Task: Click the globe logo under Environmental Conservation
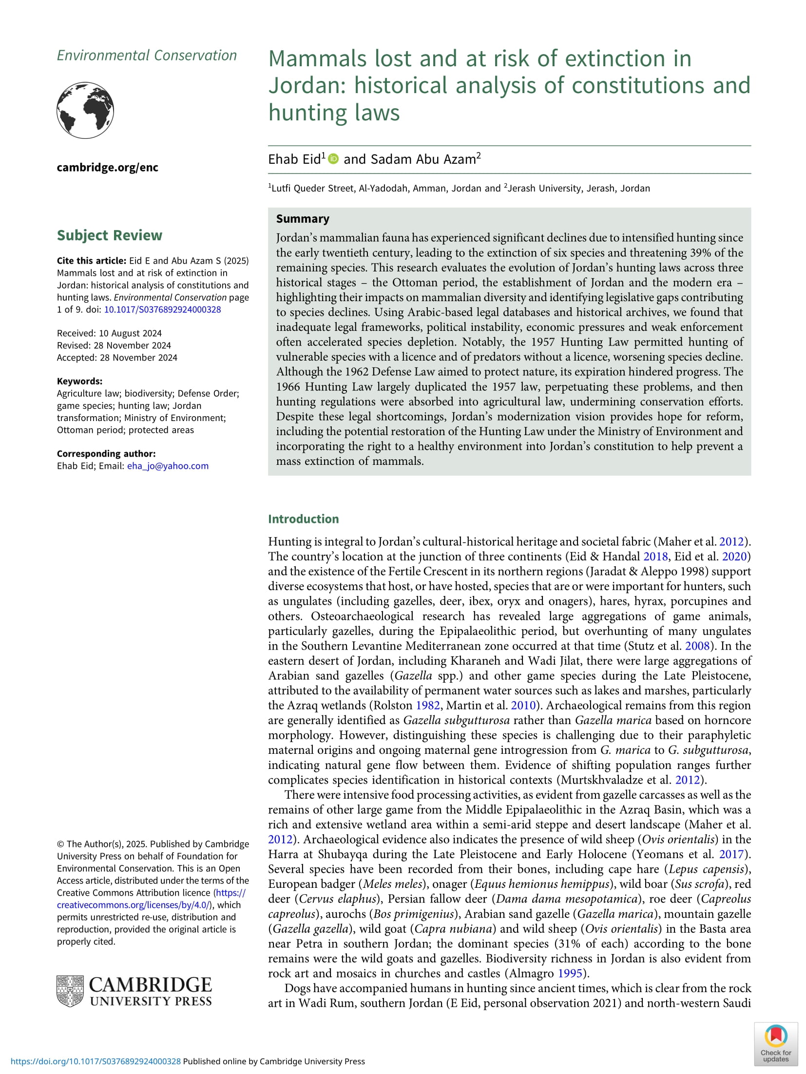[85, 110]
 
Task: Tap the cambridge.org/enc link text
[107, 168]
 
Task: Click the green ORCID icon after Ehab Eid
[333, 159]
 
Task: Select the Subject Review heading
[109, 235]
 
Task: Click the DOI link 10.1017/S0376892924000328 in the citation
[162, 309]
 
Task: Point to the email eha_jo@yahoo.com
[168, 466]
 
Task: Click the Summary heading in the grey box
[303, 219]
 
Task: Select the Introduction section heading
[303, 519]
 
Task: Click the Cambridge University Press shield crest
[70, 991]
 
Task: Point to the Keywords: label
[79, 381]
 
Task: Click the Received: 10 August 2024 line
[109, 333]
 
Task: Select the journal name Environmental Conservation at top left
[147, 56]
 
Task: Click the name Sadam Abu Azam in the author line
[423, 159]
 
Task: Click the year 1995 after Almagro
[570, 973]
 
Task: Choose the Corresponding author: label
[106, 454]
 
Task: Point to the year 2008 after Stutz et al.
[697, 646]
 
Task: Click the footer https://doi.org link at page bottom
[96, 1061]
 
